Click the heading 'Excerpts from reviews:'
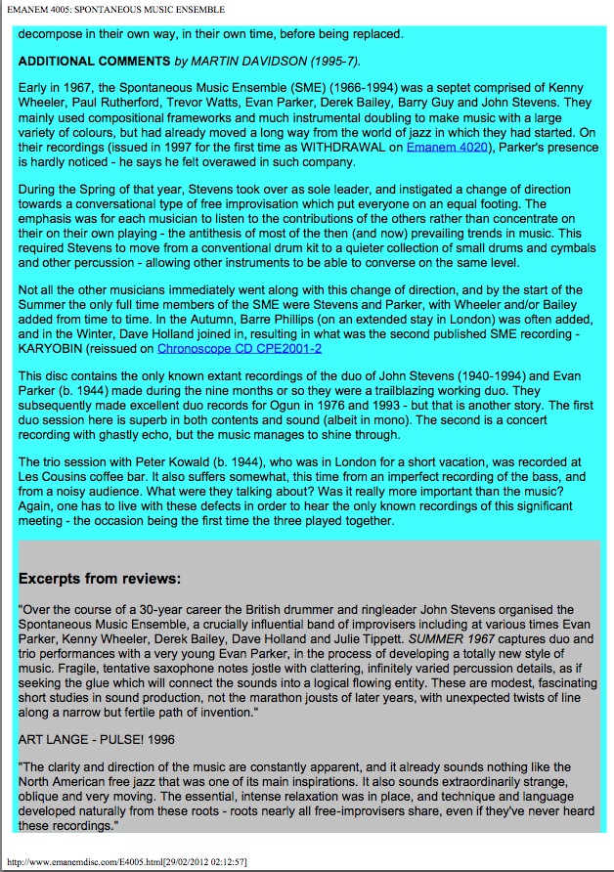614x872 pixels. point(100,579)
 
